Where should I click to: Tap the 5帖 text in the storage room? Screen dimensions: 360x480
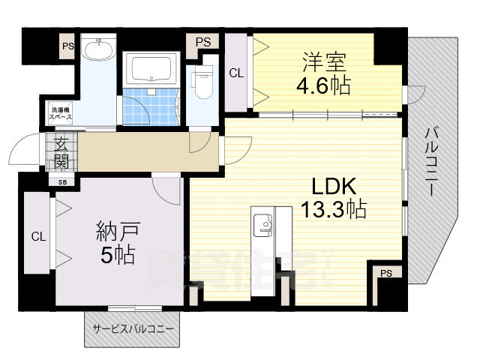pyautogui.click(x=117, y=255)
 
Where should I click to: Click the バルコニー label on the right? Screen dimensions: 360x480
pyautogui.click(x=430, y=162)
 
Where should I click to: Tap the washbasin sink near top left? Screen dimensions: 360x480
pyautogui.click(x=97, y=50)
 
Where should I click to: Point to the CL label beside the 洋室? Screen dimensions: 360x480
pyautogui.click(x=235, y=73)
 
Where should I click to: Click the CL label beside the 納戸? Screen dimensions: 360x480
pyautogui.click(x=37, y=236)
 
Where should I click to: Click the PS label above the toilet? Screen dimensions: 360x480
pyautogui.click(x=202, y=41)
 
